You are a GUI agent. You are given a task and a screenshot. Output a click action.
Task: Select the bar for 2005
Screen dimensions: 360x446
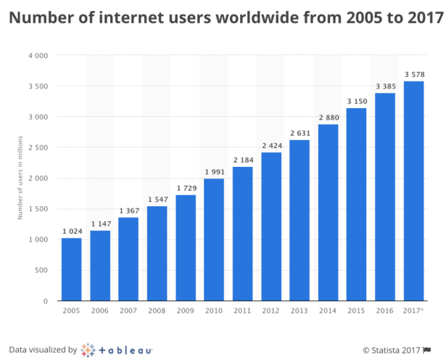(71, 269)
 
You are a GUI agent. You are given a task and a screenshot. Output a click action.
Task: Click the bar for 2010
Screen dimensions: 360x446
(214, 240)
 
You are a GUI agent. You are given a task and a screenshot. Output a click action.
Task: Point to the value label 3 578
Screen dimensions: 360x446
(413, 75)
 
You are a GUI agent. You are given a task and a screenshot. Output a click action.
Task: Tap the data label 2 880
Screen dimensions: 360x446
(328, 118)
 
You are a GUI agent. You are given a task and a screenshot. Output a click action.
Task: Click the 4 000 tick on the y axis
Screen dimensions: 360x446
(38, 56)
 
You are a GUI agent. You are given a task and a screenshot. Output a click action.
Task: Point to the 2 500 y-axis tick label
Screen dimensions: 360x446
(38, 147)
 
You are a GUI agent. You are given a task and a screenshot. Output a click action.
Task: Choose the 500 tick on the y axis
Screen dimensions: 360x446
(41, 270)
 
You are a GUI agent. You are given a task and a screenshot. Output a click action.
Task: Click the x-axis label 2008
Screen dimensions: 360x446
(157, 311)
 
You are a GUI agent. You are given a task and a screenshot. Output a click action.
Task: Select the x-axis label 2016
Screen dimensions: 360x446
(385, 311)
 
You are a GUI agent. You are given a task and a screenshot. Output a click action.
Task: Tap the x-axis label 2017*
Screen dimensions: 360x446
(413, 311)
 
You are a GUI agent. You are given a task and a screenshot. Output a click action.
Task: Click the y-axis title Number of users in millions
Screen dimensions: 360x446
(21, 178)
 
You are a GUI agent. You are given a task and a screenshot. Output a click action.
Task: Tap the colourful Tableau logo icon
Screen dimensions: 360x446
(88, 349)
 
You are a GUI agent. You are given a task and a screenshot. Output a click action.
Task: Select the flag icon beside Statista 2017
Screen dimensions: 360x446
(433, 350)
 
